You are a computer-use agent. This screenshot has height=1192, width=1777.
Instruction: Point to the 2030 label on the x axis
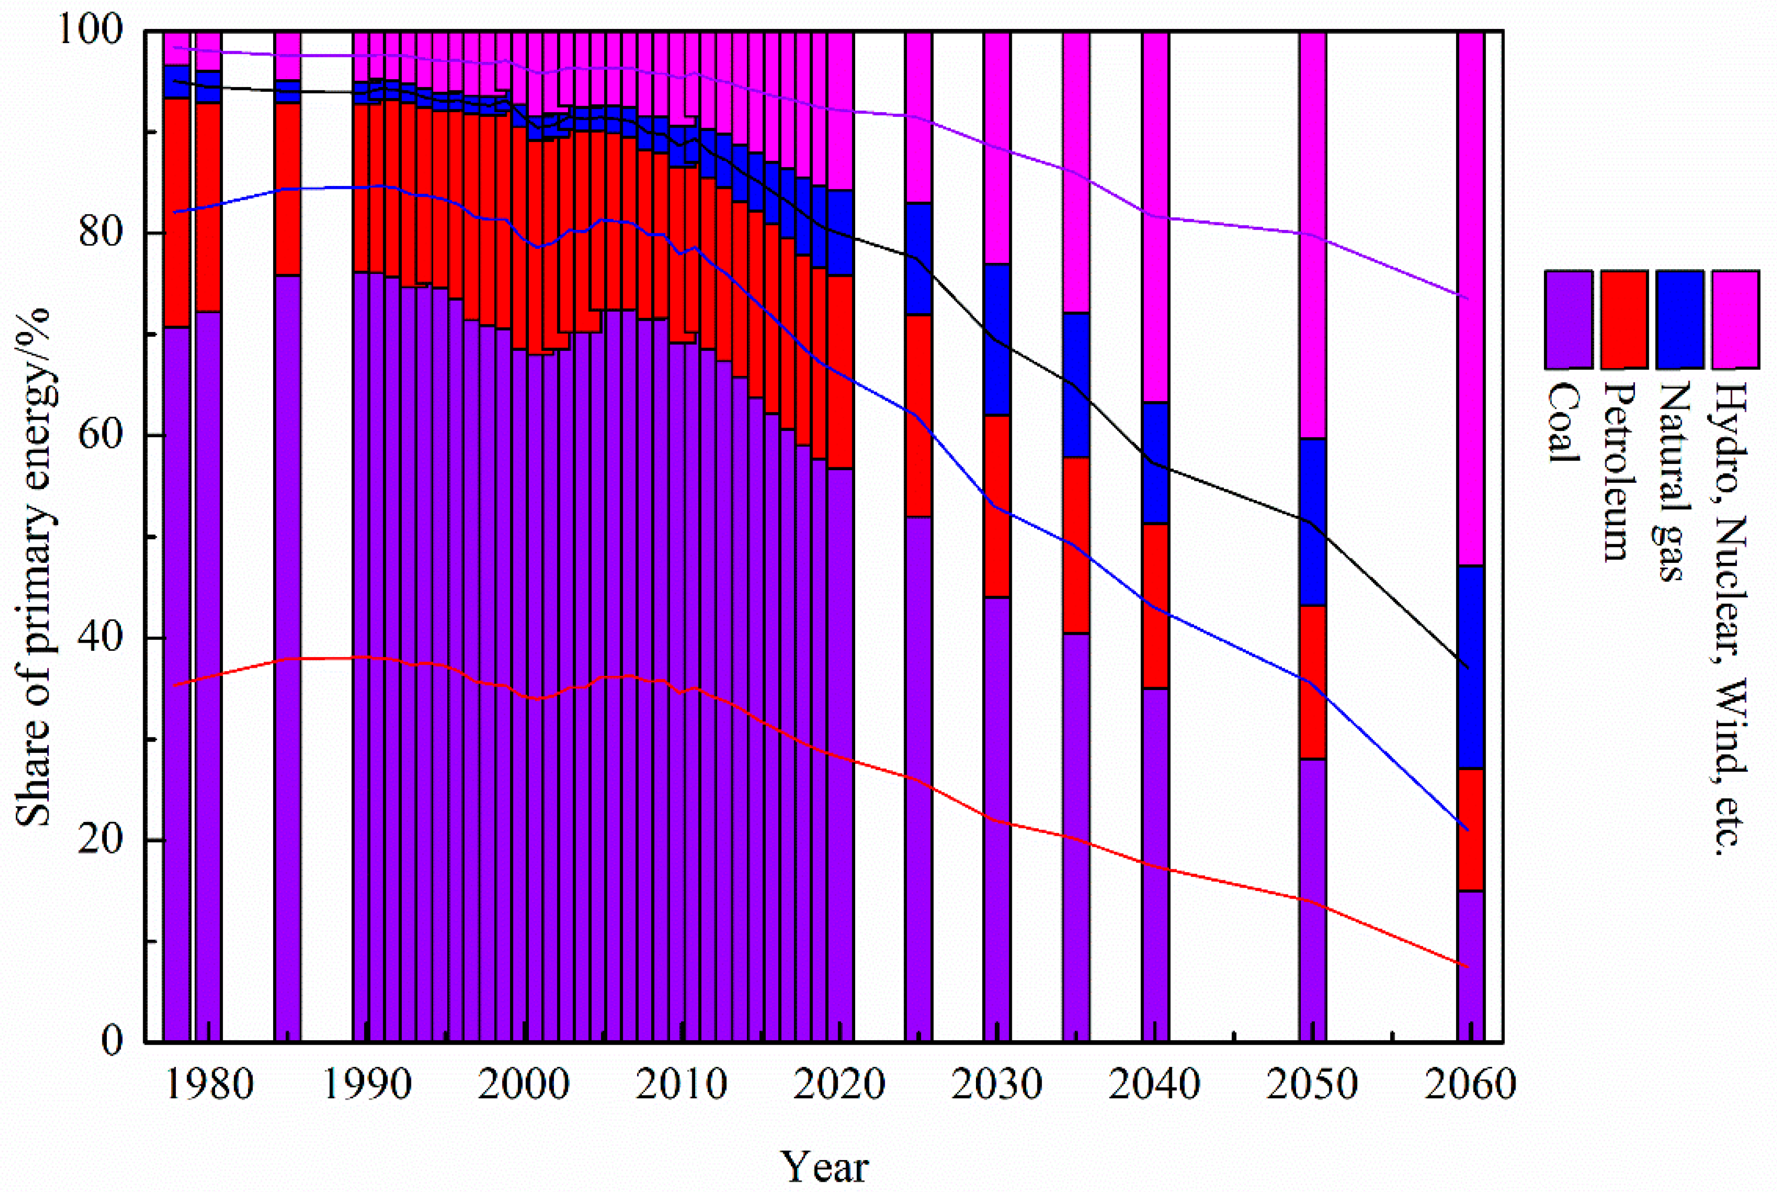[996, 1084]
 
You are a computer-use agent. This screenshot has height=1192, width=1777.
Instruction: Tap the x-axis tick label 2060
[1469, 1084]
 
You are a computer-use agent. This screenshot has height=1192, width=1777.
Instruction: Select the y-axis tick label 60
[101, 436]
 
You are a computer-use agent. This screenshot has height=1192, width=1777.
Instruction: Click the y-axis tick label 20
[101, 840]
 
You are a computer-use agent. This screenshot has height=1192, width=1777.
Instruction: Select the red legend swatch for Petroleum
[1624, 319]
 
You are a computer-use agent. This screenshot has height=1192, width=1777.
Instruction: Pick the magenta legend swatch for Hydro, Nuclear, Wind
[1735, 319]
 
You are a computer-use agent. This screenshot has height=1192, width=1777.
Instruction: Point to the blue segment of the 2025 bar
[918, 259]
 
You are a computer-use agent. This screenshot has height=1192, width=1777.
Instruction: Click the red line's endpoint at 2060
[1467, 966]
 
